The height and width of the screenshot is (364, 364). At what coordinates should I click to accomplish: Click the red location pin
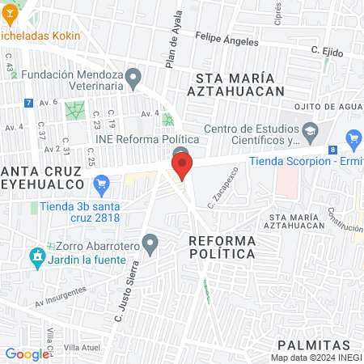(182, 167)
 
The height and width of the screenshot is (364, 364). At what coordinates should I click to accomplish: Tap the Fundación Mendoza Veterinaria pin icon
(136, 78)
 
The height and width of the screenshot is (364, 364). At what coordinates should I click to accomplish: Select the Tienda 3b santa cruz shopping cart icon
(101, 187)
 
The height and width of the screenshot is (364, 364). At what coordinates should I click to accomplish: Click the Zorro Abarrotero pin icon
(150, 242)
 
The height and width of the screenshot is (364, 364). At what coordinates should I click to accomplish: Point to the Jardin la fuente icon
(36, 260)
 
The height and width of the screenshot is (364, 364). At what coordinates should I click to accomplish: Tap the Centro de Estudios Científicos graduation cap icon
(309, 130)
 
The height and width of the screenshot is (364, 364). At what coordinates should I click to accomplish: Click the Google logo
(26, 353)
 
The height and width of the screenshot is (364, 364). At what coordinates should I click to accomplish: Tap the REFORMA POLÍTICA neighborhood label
(222, 248)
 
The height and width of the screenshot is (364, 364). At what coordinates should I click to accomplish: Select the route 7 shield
(29, 104)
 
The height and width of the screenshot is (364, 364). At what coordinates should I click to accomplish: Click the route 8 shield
(332, 150)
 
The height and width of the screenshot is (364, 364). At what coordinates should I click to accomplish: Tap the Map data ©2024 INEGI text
(315, 357)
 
